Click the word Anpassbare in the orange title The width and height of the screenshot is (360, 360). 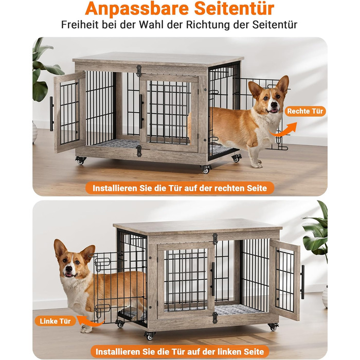137,9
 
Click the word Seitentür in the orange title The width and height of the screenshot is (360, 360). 234,8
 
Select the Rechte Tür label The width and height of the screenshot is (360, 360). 305,111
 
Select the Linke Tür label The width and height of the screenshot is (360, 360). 55,321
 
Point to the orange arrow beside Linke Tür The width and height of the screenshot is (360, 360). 90,321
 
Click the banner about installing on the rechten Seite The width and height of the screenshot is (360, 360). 180,188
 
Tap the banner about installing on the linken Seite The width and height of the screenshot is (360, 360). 180,351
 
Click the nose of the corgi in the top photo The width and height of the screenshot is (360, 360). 274,104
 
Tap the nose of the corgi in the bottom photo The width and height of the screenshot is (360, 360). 68,268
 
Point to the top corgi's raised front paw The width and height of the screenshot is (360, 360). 257,165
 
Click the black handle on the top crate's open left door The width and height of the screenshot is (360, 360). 51,114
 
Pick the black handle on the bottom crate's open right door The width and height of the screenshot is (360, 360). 302,282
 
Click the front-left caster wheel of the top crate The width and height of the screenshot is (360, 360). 81,160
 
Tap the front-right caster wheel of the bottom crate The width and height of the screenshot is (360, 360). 273,327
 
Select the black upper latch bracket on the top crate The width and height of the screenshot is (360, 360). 139,71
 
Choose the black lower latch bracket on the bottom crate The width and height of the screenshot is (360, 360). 215,317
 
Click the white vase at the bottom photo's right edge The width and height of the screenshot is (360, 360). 325,297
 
